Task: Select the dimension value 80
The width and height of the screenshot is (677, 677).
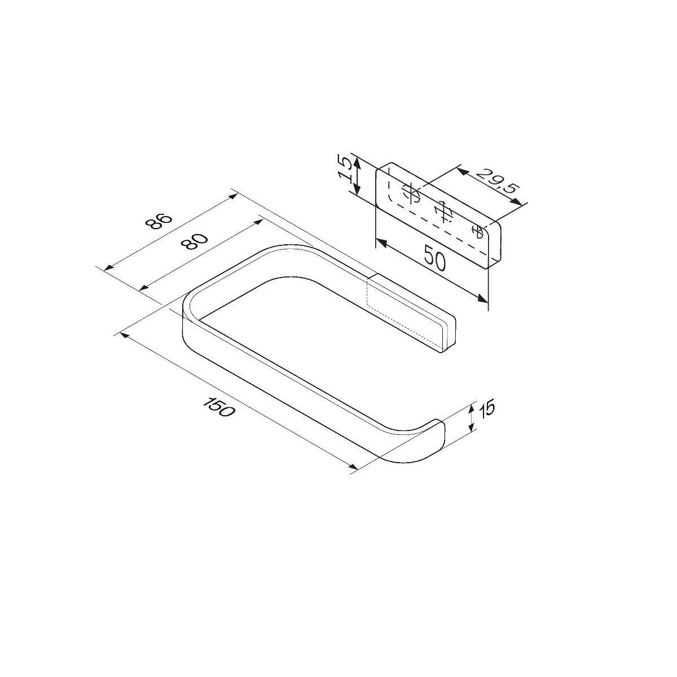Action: click(x=194, y=241)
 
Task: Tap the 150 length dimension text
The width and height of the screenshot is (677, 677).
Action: click(x=218, y=407)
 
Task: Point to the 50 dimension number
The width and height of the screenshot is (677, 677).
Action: click(x=434, y=258)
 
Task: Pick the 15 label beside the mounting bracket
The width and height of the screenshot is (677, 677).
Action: click(x=345, y=168)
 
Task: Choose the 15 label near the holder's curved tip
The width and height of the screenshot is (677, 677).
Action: click(x=487, y=409)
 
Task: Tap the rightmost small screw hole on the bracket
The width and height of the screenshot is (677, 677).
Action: click(x=477, y=232)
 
